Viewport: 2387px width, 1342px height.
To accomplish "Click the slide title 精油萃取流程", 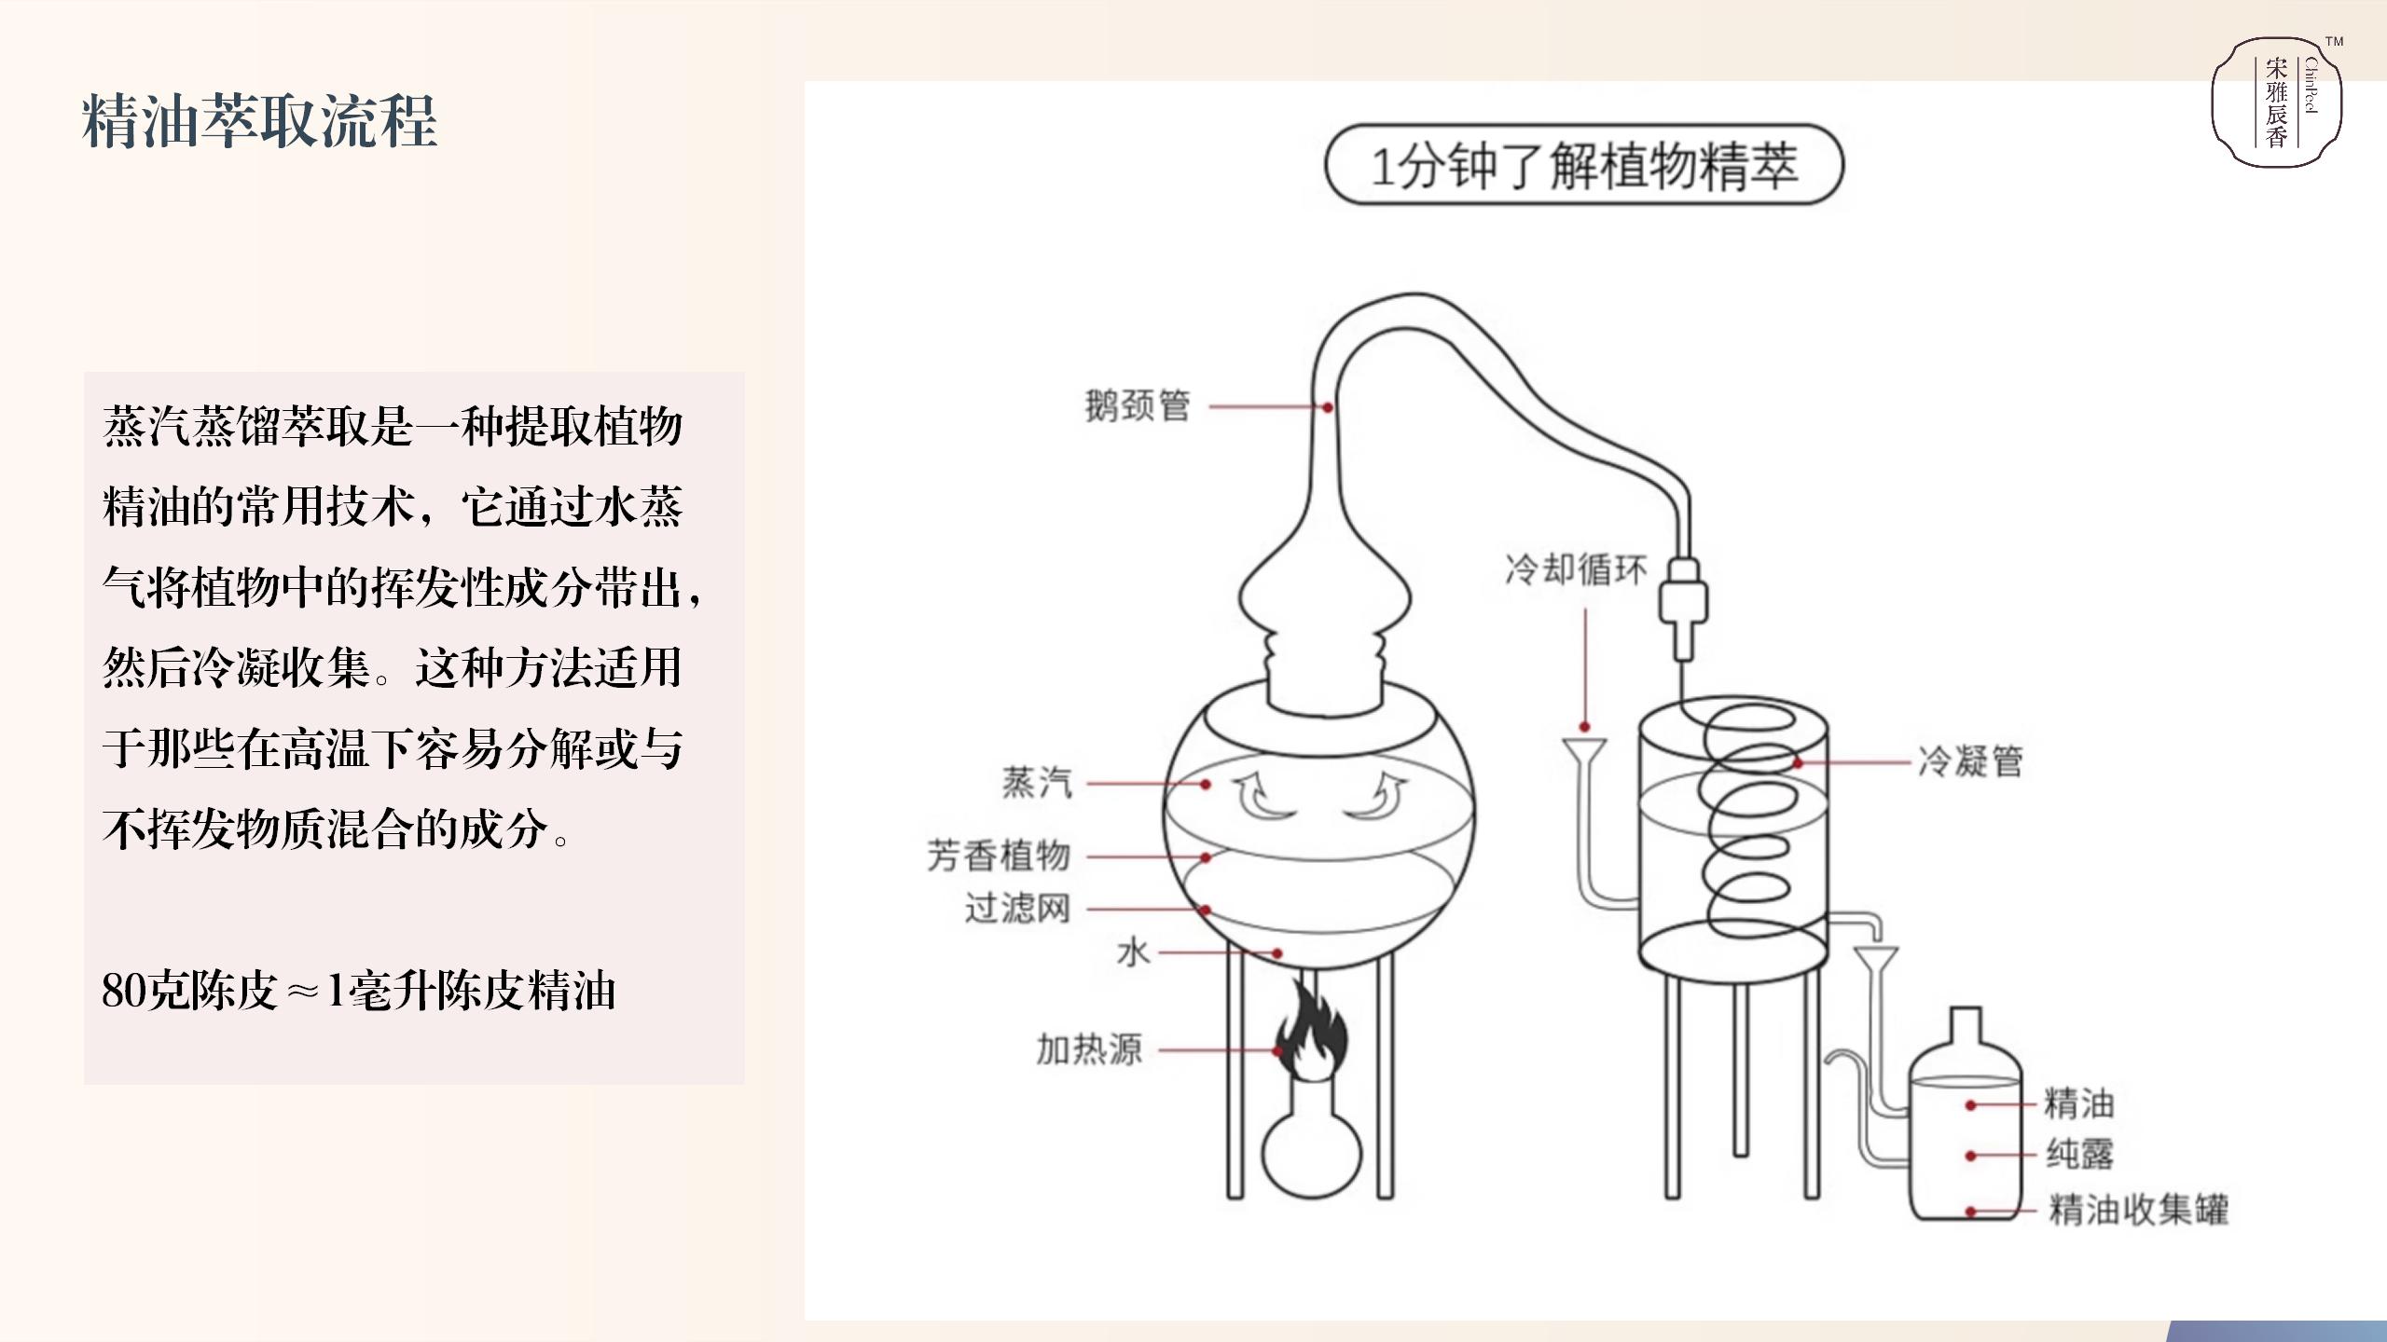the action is [259, 121].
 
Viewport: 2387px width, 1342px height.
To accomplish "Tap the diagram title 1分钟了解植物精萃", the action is [1584, 167].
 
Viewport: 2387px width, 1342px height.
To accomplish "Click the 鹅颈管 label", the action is [1138, 405].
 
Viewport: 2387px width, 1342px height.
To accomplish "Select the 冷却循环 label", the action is [1576, 569].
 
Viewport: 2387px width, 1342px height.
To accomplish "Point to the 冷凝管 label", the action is [1970, 761].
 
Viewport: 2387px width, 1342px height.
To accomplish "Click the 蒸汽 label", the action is [1038, 783].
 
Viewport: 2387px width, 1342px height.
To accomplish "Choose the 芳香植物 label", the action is [999, 855].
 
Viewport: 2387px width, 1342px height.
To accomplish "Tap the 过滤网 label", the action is [1017, 908].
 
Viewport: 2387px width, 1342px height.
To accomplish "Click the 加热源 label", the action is [1089, 1049].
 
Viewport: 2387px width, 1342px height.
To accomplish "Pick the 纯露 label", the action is [2079, 1154].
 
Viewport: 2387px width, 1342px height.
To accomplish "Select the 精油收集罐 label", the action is [2138, 1210].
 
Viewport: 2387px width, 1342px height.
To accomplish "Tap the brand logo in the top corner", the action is [2277, 103].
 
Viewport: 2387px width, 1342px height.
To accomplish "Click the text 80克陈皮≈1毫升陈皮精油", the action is [359, 991].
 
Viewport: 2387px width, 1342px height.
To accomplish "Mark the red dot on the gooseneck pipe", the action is [1327, 407].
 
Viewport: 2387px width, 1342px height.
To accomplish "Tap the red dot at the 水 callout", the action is [1277, 953].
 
